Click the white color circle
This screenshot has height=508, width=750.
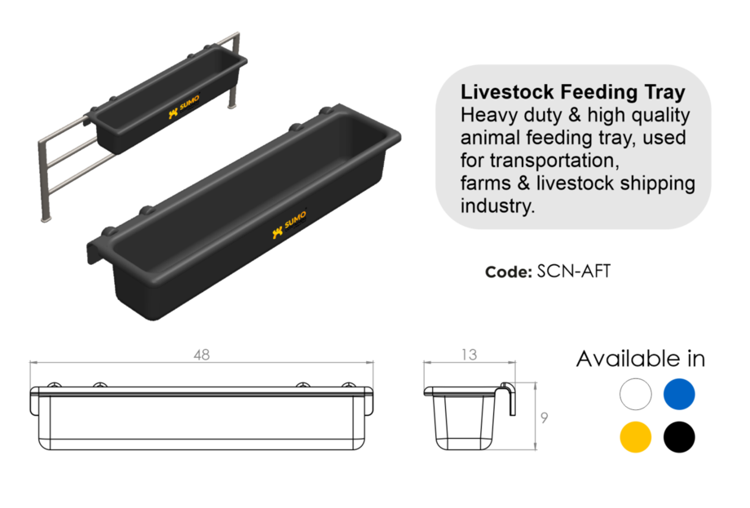[636, 395]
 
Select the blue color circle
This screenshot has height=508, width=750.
[679, 394]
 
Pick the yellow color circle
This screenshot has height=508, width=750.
[636, 436]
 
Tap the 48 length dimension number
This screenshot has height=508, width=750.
[201, 355]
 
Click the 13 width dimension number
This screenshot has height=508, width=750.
[469, 355]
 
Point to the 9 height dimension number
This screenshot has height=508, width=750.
[545, 417]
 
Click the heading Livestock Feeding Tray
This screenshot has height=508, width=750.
[573, 91]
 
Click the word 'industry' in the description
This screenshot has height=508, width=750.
[498, 205]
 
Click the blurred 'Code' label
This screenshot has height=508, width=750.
[509, 272]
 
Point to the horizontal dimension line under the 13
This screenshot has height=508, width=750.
[469, 363]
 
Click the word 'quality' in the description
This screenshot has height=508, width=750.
[658, 115]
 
